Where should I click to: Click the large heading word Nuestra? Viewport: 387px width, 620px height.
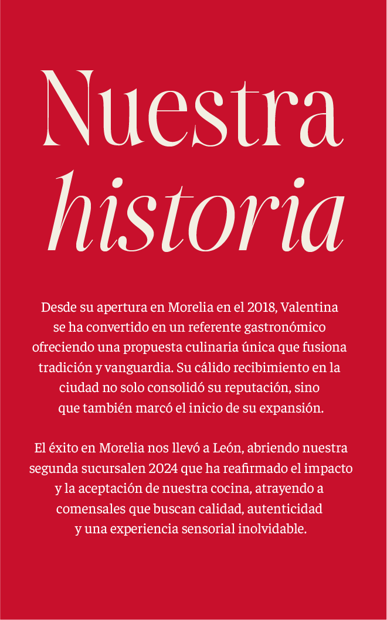click(192, 109)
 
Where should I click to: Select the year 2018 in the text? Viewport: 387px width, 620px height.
click(262, 307)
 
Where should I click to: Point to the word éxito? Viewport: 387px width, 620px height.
click(62, 448)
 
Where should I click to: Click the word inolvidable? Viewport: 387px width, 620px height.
click(273, 529)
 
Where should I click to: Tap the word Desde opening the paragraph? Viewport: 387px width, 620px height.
click(59, 307)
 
